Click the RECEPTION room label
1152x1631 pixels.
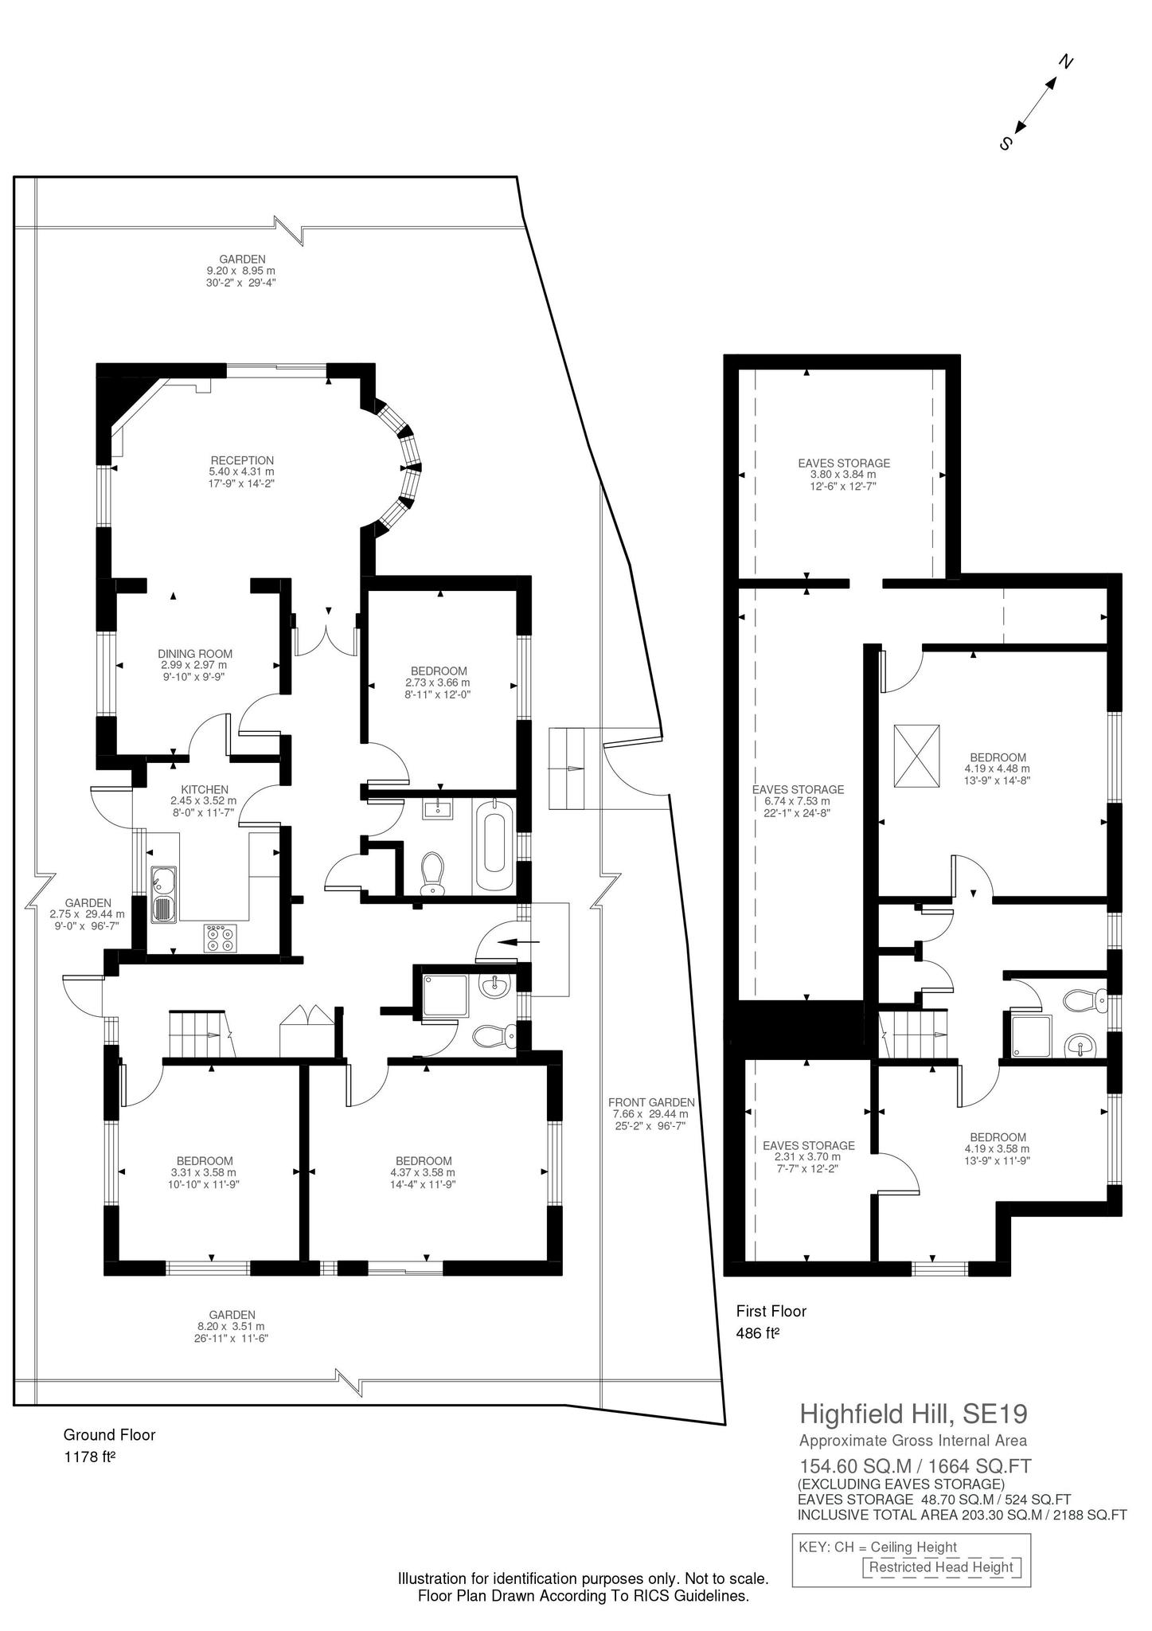[242, 460]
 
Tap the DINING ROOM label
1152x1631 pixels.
[194, 654]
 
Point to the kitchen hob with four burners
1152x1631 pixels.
[221, 937]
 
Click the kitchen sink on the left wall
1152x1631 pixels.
[164, 895]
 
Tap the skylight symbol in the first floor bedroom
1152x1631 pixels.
[916, 756]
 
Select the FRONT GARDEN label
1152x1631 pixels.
[651, 1102]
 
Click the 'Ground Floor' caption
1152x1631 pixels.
[109, 1435]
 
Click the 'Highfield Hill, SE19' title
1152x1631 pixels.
[913, 1414]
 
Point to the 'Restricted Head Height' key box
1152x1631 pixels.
[940, 1566]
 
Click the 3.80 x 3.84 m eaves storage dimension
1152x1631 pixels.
[843, 475]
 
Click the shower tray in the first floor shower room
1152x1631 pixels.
[1031, 1036]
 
